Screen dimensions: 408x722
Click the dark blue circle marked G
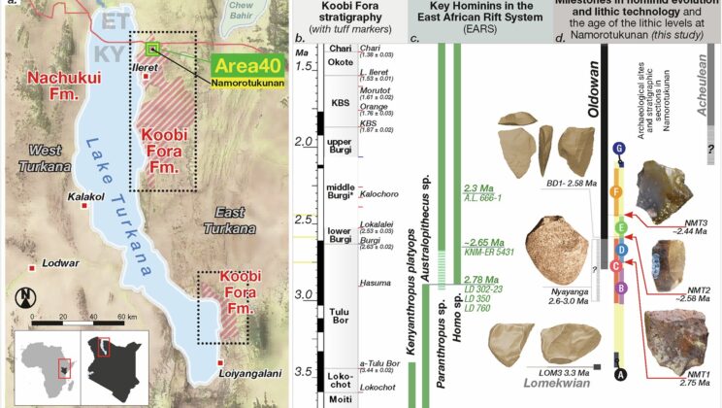click(x=618, y=148)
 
